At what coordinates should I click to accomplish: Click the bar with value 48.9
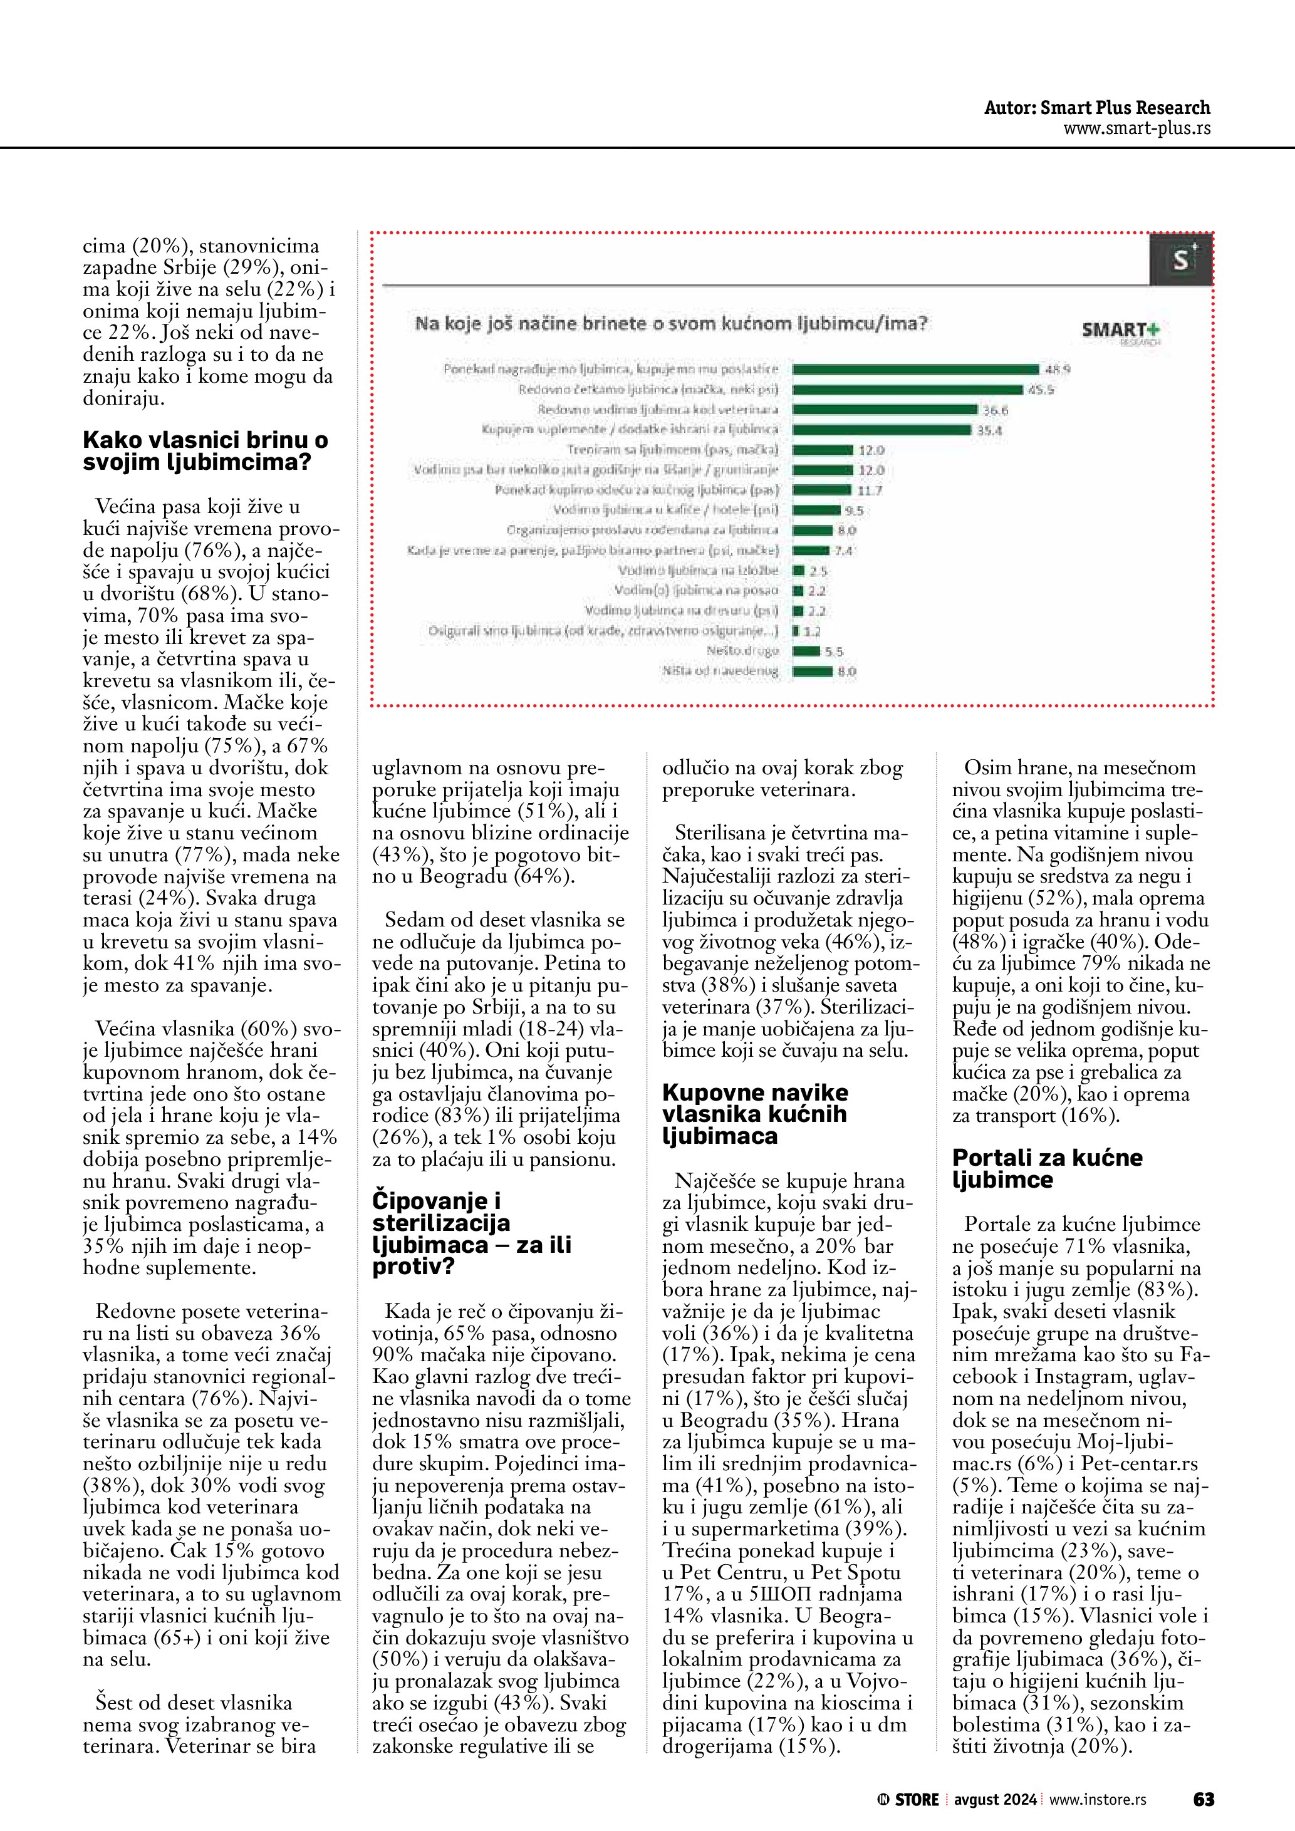915,369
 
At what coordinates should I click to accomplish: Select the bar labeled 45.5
907,389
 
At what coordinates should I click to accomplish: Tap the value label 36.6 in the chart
995,410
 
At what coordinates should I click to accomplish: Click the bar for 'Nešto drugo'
806,651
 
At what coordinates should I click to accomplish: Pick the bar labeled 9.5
816,511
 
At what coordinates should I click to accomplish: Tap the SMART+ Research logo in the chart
1120,330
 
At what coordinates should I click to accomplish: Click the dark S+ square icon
1180,259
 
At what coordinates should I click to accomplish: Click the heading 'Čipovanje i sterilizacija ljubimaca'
471,1233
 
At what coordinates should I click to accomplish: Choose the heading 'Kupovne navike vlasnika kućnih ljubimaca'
754,1113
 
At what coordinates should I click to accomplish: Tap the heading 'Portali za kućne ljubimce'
1047,1168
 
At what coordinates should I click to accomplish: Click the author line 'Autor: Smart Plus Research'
1096,108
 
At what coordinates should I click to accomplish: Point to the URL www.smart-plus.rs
1136,128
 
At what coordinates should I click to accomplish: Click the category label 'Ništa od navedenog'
720,672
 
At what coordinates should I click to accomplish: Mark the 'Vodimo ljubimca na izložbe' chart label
698,570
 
